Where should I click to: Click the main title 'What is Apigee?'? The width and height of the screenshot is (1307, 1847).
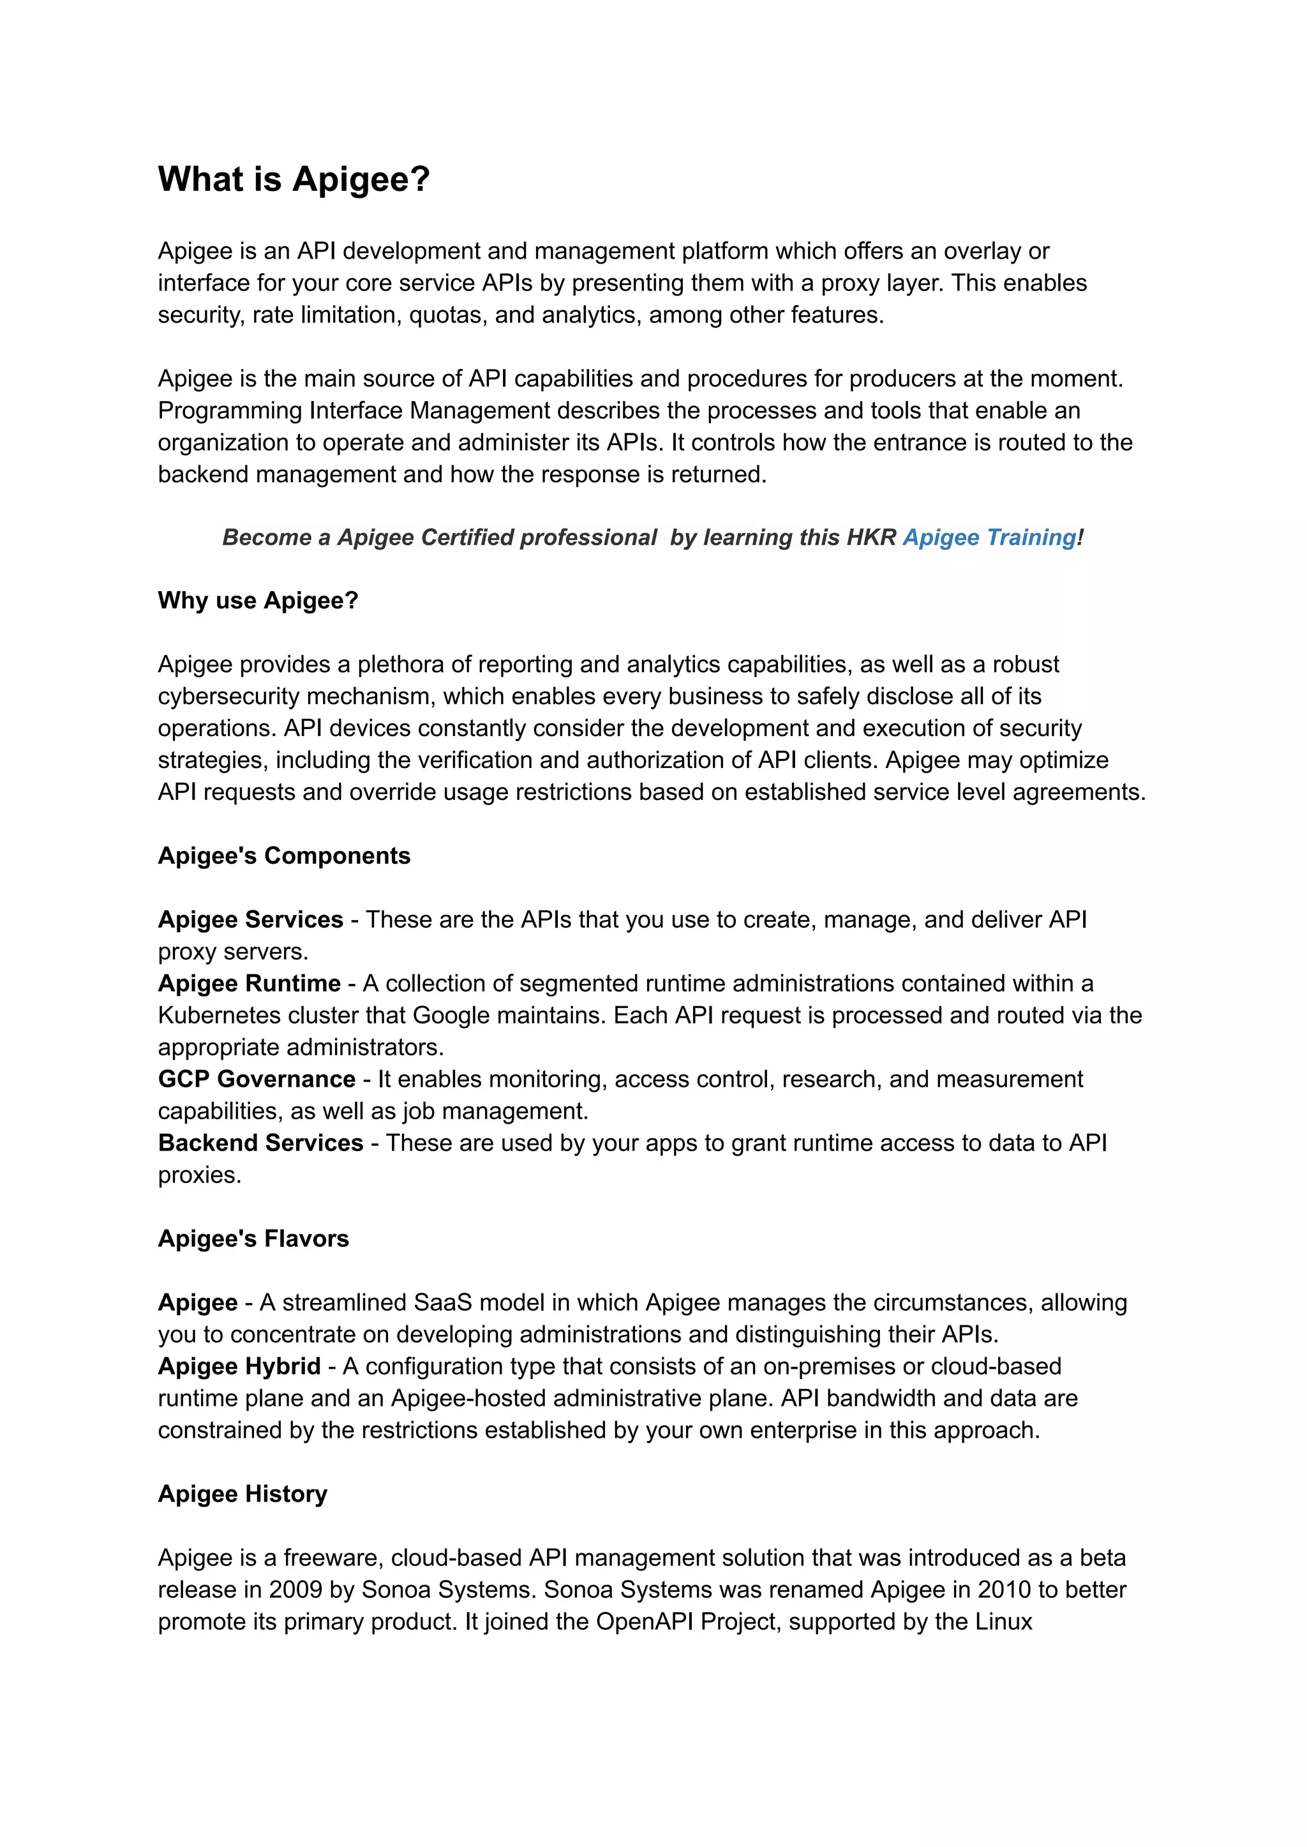coord(294,179)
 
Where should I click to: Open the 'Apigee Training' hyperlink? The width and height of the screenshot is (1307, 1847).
coord(989,537)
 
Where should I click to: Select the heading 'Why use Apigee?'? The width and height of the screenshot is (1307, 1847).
coord(258,601)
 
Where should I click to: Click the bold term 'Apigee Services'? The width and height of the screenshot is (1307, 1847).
coord(250,919)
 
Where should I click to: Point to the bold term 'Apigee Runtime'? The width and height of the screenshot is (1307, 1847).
coord(250,983)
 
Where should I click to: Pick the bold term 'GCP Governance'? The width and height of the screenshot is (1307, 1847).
coord(257,1079)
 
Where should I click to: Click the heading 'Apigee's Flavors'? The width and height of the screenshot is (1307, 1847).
coord(253,1239)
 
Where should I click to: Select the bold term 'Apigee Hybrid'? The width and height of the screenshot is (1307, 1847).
coord(239,1366)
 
